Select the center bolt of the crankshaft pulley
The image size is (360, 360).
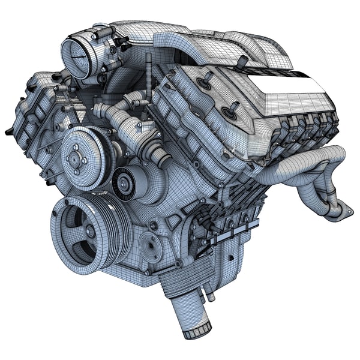coord(88,231)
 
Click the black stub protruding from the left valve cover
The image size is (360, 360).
coord(8,131)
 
